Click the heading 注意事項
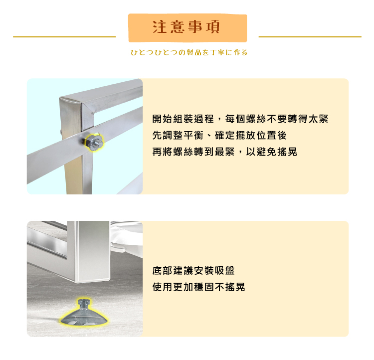click(x=187, y=27)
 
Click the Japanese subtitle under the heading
click(x=188, y=52)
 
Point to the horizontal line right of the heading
click(x=310, y=37)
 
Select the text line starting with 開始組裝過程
click(x=240, y=119)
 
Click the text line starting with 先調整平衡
click(x=219, y=135)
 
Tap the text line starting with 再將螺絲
click(x=224, y=152)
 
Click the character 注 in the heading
click(x=159, y=27)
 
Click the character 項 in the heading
click(x=214, y=27)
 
